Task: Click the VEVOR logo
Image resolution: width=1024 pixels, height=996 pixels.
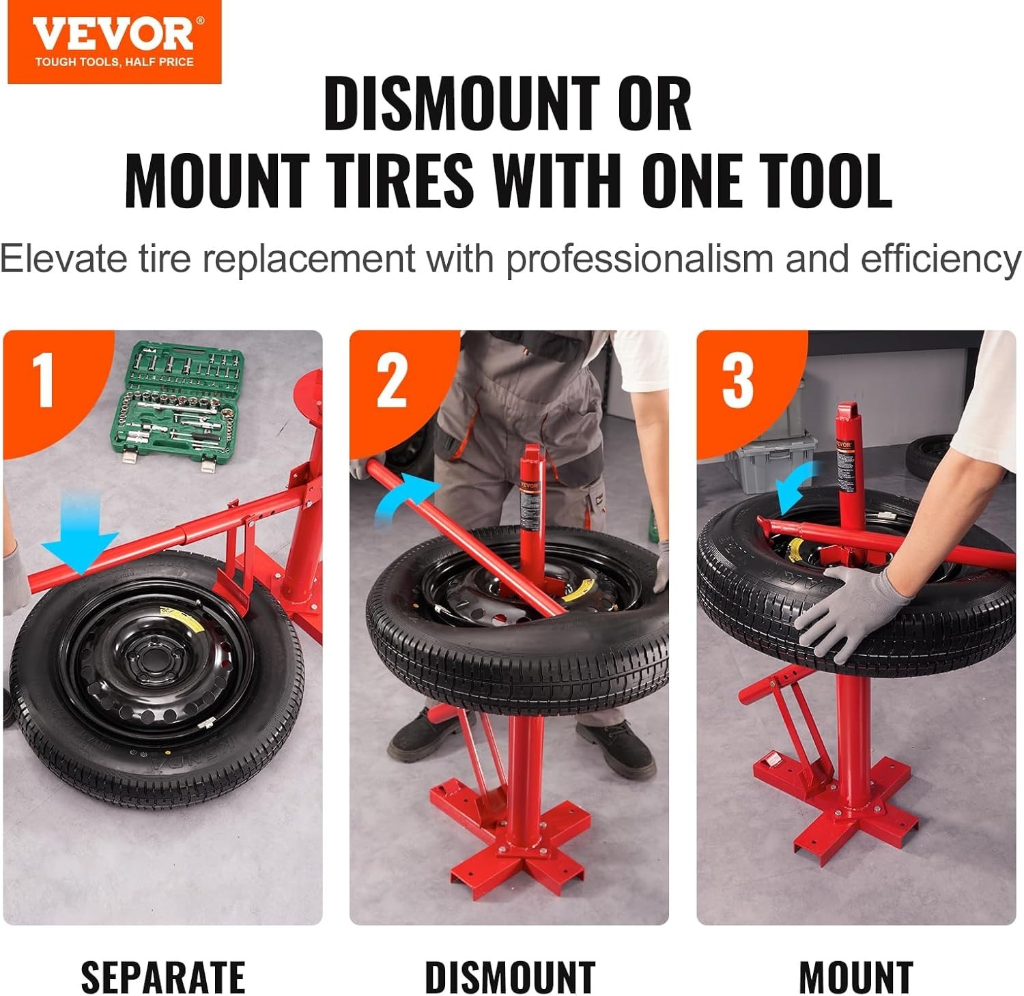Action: (113, 34)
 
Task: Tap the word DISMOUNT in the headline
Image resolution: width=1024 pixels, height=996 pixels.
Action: (461, 104)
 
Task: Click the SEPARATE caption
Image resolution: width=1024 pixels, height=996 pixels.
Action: (162, 977)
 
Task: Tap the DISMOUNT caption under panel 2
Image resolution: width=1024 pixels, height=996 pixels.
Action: (509, 977)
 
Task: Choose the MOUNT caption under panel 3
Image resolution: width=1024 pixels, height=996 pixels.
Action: (856, 977)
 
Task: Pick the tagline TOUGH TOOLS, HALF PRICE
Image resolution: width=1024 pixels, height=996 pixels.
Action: (114, 62)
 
